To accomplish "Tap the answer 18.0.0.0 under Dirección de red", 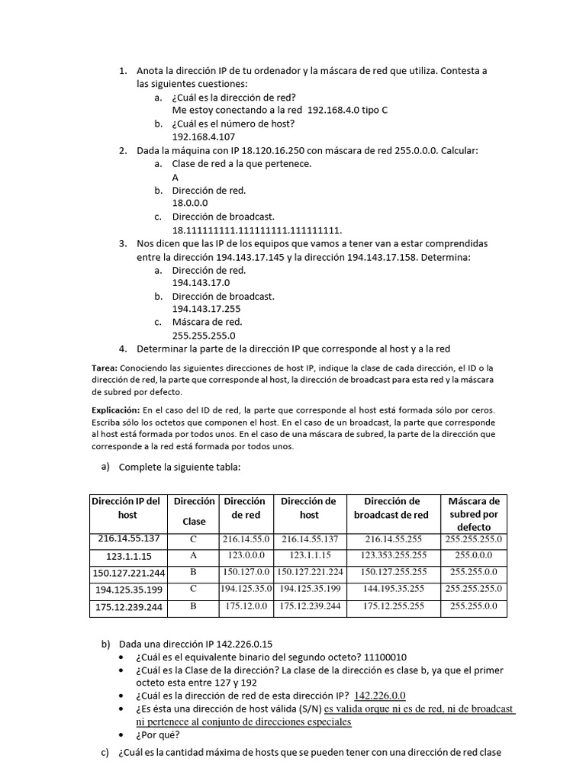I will [190, 203].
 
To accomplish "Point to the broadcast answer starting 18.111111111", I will [257, 230].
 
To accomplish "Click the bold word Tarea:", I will [104, 368].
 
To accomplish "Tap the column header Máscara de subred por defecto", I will [474, 514].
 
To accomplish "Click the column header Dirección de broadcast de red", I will [391, 508].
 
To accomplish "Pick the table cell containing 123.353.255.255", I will [394, 555].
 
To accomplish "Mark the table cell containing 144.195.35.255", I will [394, 589].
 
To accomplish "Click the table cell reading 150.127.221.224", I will [309, 572].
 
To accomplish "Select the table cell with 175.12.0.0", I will [246, 606].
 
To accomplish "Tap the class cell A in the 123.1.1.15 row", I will [194, 555].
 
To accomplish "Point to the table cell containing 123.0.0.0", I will [246, 555].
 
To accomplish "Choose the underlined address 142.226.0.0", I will [380, 695].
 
